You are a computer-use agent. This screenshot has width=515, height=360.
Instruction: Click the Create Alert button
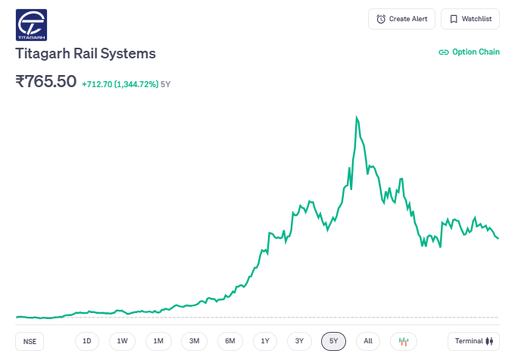pos(401,19)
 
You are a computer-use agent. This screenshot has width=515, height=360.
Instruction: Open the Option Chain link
pos(470,52)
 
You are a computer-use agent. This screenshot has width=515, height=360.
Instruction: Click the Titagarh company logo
pos(31,24)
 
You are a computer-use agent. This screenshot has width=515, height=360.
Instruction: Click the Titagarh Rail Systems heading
pos(86,54)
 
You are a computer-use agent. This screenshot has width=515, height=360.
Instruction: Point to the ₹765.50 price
pos(46,81)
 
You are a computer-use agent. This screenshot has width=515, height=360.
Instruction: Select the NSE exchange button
pos(30,341)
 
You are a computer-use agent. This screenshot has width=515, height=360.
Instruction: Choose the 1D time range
pos(87,341)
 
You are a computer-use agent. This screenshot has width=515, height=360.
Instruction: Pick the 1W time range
pos(123,341)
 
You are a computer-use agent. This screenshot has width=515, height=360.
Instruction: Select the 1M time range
pos(158,341)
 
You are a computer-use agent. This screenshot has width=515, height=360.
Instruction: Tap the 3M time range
pos(194,341)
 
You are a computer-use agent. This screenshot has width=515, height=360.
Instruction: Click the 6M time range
pos(229,341)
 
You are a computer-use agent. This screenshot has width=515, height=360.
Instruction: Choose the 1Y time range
pos(265,341)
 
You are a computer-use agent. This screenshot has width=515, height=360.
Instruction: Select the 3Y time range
pos(300,341)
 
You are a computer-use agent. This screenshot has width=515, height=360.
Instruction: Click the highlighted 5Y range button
pos(334,341)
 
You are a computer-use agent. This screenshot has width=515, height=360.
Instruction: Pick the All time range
pos(368,341)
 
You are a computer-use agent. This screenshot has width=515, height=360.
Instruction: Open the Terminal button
pos(473,341)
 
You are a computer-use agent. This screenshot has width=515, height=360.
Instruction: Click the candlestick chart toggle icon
pos(404,341)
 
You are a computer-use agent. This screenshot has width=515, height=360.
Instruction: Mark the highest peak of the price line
pos(357,117)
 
